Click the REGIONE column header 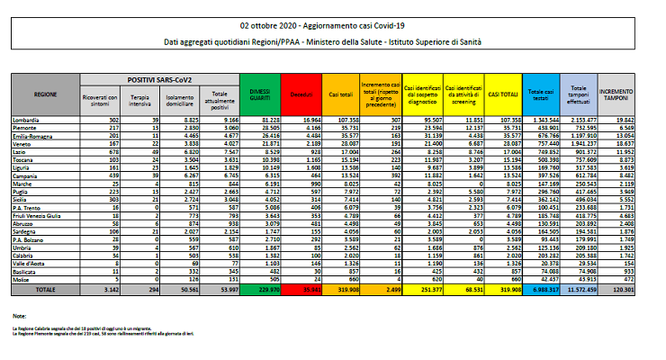point(46,93)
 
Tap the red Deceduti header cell point(301,93)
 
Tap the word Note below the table point(19,317)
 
